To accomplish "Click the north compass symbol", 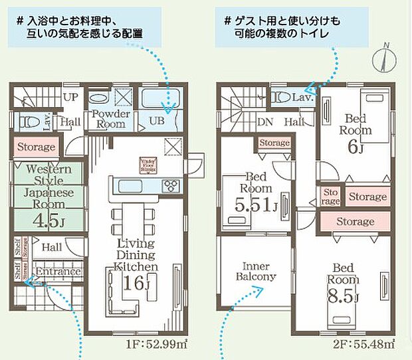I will tap(383, 59).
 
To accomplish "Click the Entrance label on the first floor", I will tap(58, 272).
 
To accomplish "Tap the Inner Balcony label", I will tap(255, 270).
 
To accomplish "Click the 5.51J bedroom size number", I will tap(254, 206).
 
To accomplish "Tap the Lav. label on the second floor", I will tap(304, 98).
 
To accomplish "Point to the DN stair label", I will tap(264, 122).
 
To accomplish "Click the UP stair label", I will tap(70, 96).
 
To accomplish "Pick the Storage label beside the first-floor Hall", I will tap(35, 146).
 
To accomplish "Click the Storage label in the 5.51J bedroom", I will tap(274, 143).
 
